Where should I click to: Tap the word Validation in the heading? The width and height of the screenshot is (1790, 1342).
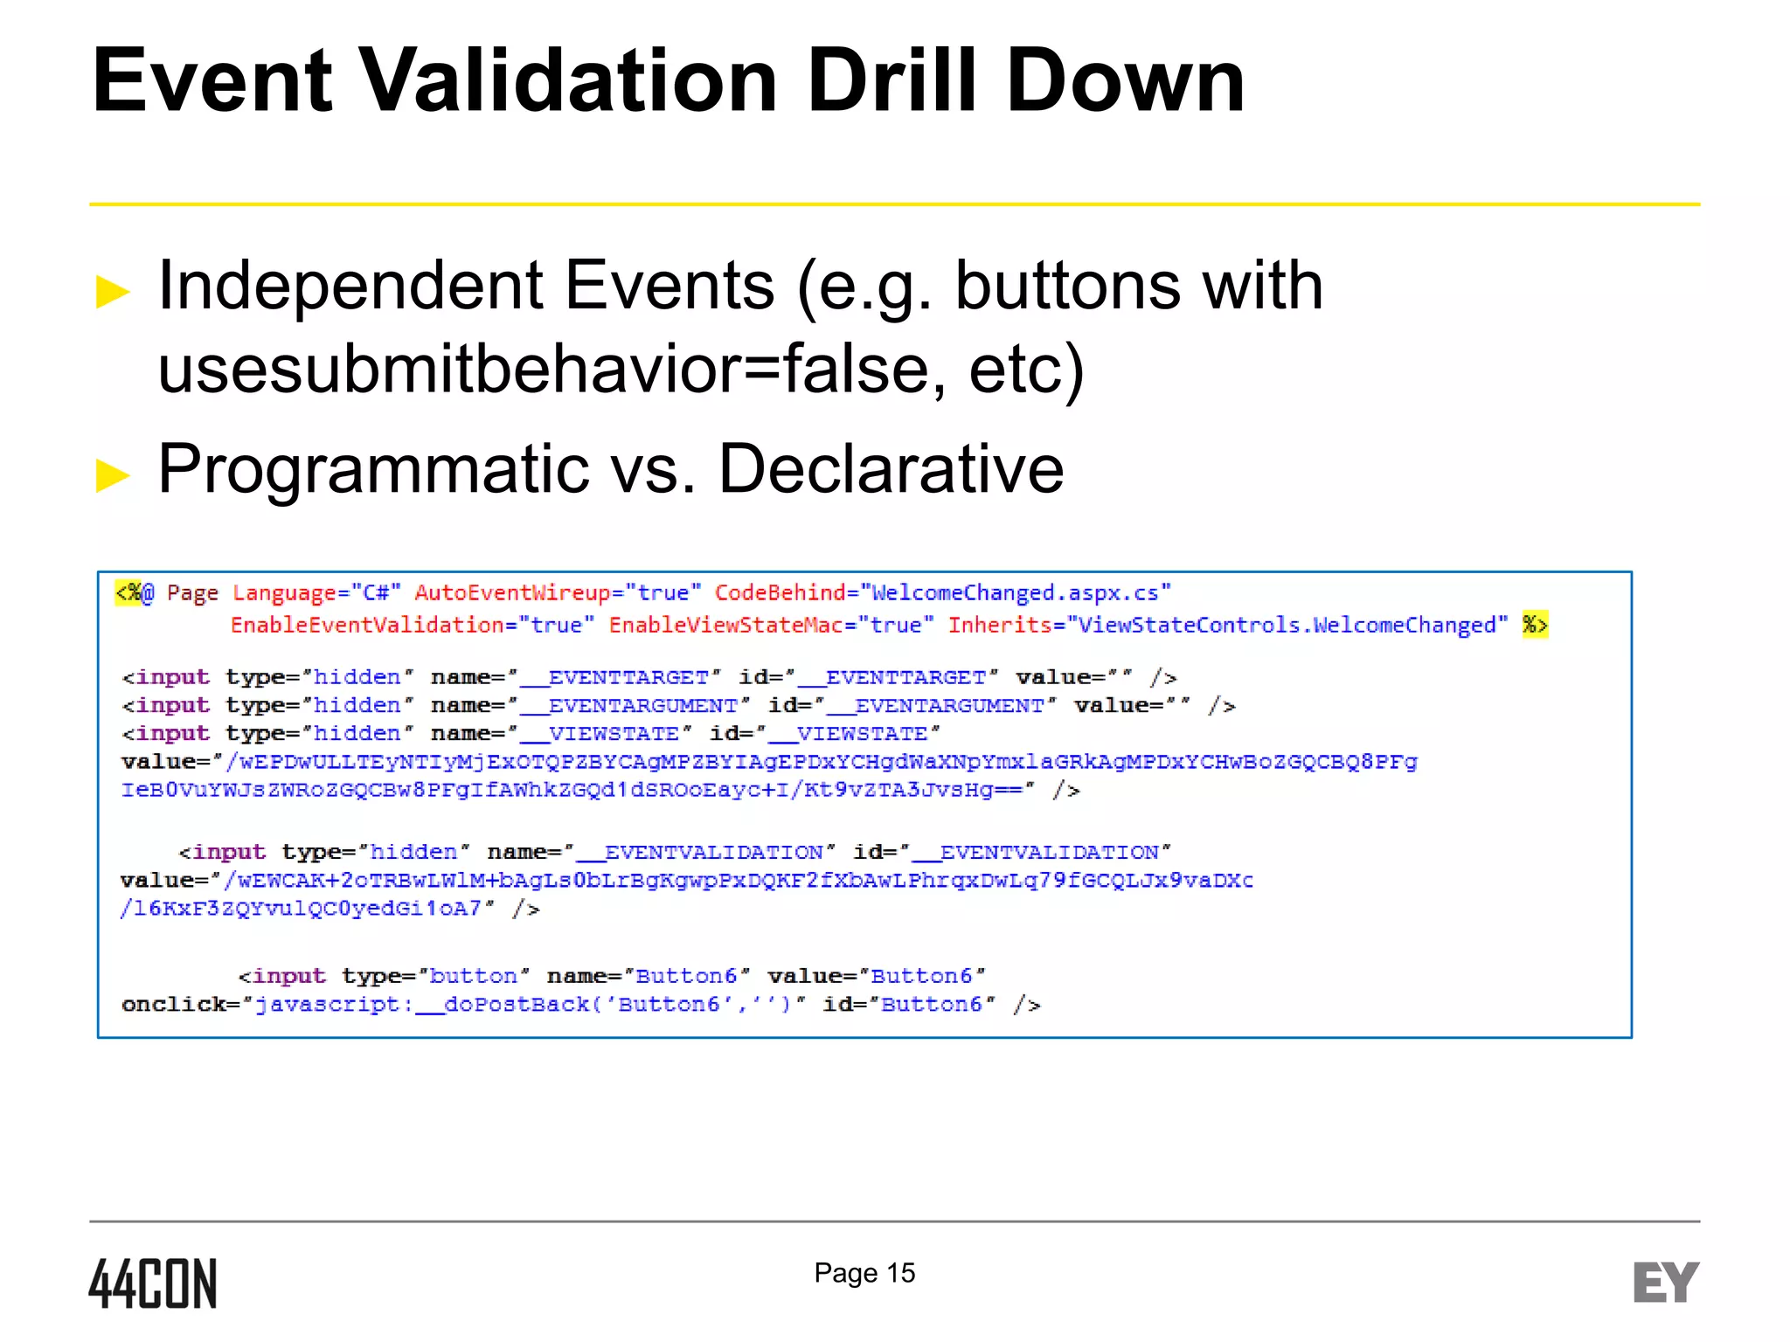click(568, 80)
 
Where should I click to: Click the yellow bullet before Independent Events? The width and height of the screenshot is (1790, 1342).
click(113, 292)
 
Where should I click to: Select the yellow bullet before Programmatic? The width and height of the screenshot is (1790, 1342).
click(113, 475)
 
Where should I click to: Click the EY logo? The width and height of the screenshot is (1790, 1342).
click(1665, 1283)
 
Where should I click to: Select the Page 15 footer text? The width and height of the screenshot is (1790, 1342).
click(864, 1273)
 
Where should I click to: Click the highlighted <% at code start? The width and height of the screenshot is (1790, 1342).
click(130, 592)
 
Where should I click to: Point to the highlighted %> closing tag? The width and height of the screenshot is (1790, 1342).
click(1534, 625)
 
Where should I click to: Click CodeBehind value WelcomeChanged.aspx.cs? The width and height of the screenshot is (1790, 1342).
click(1015, 592)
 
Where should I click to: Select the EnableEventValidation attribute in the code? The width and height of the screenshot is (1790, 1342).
click(367, 625)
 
